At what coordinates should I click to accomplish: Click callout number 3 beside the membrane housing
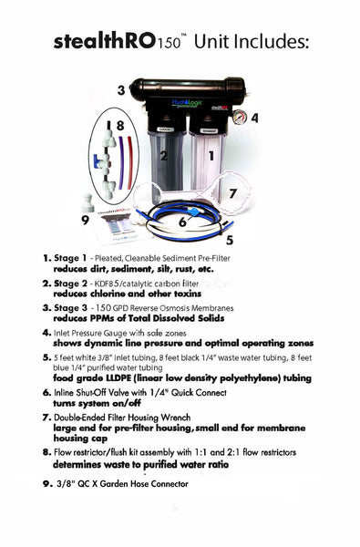tap(120, 89)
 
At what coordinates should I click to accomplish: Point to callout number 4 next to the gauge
tap(254, 118)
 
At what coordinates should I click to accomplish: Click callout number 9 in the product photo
tap(86, 220)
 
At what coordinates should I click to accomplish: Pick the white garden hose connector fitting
tap(89, 201)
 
